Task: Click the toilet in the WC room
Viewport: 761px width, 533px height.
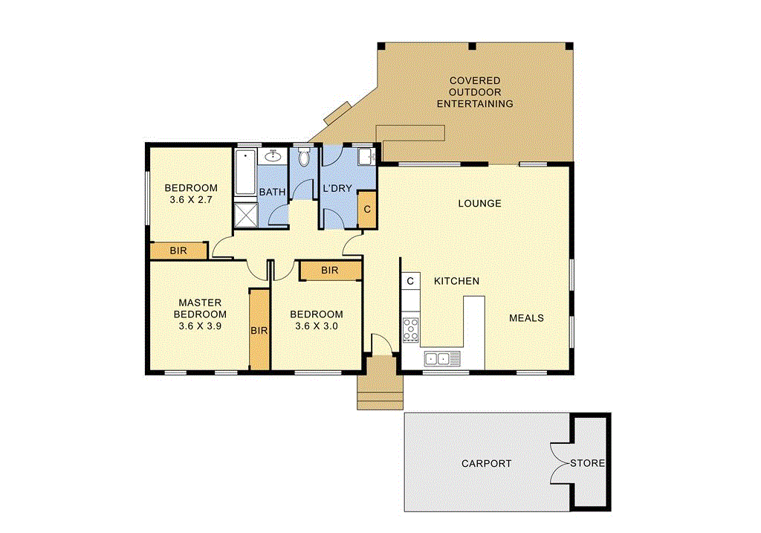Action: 303,158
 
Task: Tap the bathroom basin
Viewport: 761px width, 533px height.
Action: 273,156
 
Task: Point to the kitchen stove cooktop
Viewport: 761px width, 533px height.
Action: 411,329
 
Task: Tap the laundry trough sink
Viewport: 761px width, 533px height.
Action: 365,157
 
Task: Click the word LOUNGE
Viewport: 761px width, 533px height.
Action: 479,203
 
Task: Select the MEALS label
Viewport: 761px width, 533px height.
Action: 526,317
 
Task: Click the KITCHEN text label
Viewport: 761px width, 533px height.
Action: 456,281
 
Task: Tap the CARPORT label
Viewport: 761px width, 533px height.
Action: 486,463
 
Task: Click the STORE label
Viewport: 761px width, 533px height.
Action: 587,463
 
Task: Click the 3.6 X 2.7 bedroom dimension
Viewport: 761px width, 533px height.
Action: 191,199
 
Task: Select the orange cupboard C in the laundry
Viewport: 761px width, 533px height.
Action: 366,209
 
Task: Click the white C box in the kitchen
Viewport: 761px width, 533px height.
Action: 409,281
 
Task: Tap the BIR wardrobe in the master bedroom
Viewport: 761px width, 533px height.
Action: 259,329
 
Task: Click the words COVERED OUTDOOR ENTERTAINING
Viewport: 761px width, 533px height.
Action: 474,92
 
